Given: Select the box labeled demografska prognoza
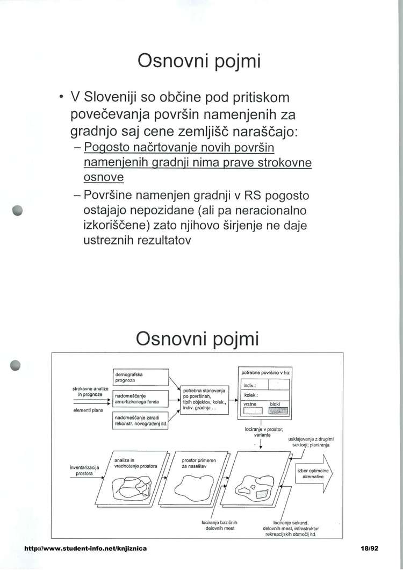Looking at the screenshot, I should (x=140, y=377).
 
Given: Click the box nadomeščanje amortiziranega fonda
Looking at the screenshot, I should (x=140, y=399).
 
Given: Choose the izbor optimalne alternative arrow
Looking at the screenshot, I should (x=313, y=473).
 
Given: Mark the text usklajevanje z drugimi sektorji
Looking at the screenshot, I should (x=311, y=442).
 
